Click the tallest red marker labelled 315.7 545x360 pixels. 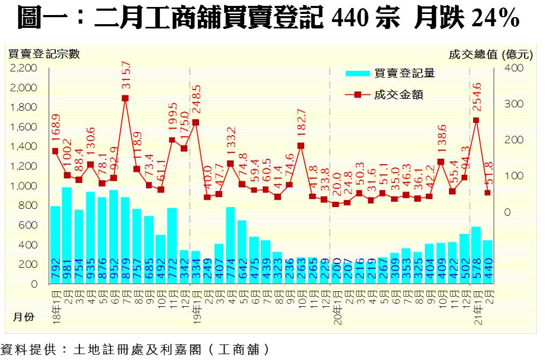coord(125,98)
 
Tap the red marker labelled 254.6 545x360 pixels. coord(476,120)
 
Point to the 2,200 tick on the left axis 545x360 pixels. coord(24,68)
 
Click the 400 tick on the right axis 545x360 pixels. coord(513,68)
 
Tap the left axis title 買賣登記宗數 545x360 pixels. coord(44,54)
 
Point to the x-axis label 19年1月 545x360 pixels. coord(196,306)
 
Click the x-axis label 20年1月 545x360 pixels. coord(335,306)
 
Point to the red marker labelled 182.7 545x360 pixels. coord(300,145)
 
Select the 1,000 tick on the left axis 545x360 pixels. coord(24,186)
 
